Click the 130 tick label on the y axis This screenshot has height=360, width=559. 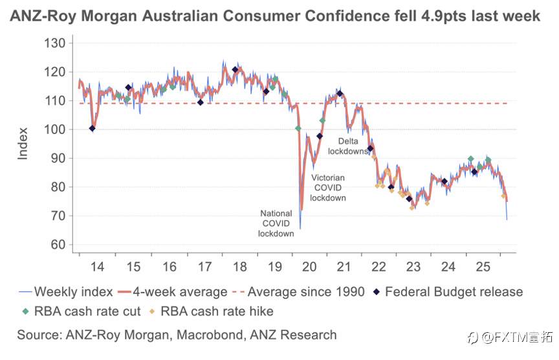coord(56,43)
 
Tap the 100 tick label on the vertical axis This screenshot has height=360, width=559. coord(56,129)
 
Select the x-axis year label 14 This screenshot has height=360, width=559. coord(97,267)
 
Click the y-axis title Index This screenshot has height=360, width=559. coord(23,144)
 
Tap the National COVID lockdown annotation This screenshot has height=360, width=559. coord(277,223)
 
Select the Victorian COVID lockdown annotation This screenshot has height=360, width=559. coord(328,188)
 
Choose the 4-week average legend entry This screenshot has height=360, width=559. coord(177,291)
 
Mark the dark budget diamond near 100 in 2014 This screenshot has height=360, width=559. coord(93,128)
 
